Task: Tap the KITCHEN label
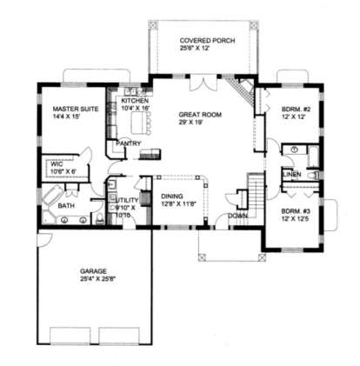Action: [x=136, y=102]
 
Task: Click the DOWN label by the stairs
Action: [x=237, y=215]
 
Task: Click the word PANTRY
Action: [x=130, y=143]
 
